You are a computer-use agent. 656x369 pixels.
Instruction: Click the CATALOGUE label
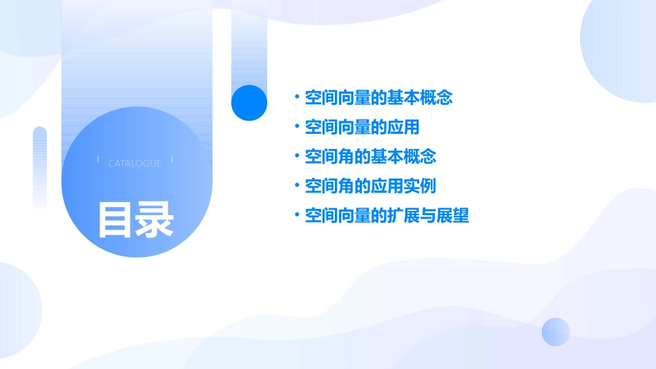(x=135, y=163)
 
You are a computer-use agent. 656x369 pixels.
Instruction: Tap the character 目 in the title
(x=115, y=220)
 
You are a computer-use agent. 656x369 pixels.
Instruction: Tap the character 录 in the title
(x=154, y=220)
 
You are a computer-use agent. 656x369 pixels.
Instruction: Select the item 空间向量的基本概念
(x=378, y=98)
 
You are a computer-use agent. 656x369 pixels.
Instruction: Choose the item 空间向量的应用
(x=363, y=128)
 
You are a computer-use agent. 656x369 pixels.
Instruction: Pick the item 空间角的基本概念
(x=371, y=157)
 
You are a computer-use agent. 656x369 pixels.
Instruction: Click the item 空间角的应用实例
(x=371, y=186)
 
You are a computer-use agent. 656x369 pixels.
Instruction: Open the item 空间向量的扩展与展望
(x=387, y=216)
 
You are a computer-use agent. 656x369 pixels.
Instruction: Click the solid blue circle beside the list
(x=249, y=103)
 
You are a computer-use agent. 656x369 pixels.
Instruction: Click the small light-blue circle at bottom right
(x=556, y=332)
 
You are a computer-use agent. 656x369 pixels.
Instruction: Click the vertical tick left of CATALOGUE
(x=98, y=160)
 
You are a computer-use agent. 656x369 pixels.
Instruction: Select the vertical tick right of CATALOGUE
(x=172, y=160)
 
